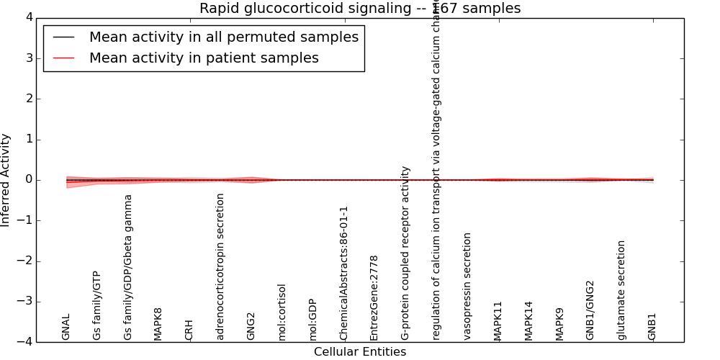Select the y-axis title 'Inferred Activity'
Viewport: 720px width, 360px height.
click(x=6, y=180)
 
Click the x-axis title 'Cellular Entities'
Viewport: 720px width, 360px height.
click(x=359, y=352)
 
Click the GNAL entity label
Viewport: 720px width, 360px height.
click(x=66, y=327)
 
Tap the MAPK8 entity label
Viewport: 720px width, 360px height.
click(x=158, y=323)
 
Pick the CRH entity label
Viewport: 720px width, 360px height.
click(x=189, y=330)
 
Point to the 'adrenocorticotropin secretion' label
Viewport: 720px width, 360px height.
click(x=220, y=266)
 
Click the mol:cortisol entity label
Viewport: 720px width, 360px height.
click(x=282, y=312)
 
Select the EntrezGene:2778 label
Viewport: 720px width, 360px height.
click(x=374, y=297)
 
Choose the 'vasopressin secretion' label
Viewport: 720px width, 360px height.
click(x=467, y=286)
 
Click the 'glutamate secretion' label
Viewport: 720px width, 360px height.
click(x=622, y=290)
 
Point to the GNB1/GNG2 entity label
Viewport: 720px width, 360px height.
click(x=590, y=310)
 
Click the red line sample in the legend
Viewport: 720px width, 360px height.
click(x=64, y=58)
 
